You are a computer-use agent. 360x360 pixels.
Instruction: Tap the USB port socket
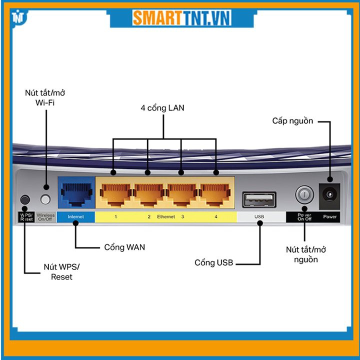[259, 199]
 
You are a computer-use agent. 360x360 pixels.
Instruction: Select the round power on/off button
[304, 194]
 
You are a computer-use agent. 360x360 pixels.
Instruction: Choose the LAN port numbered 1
[115, 192]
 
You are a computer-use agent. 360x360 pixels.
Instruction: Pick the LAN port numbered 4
[216, 192]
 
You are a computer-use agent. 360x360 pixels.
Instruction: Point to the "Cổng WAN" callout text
[124, 247]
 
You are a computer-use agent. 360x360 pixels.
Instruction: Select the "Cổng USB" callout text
[214, 262]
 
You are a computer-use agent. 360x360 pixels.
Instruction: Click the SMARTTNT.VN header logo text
[181, 18]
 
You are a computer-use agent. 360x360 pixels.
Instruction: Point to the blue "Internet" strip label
[75, 217]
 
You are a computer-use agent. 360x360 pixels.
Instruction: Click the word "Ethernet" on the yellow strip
[166, 217]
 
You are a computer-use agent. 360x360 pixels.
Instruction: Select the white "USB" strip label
[259, 217]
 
